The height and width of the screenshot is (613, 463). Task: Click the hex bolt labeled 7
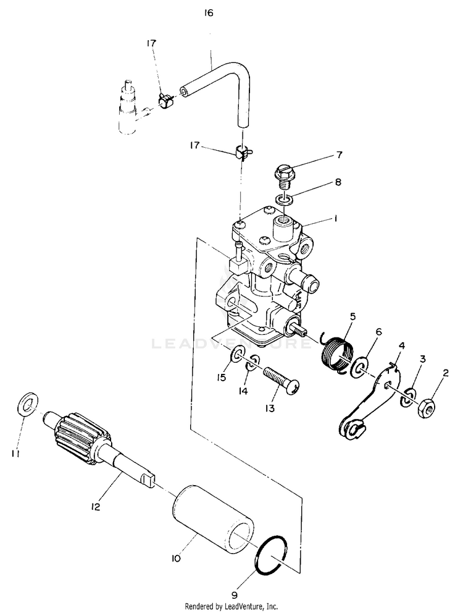point(285,176)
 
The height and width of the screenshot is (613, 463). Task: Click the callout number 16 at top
point(209,13)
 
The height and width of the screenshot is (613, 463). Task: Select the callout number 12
point(95,507)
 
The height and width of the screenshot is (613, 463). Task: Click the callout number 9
point(234,596)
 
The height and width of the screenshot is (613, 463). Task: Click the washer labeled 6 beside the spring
point(359,368)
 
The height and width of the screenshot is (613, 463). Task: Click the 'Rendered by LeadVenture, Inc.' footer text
point(231,607)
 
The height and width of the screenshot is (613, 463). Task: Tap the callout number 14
point(243,391)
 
